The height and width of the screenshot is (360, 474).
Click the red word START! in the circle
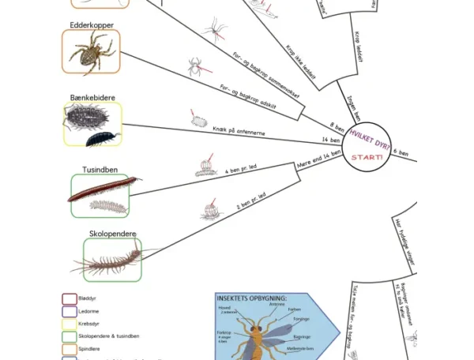(367, 157)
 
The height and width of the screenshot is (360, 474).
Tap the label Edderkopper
(92, 25)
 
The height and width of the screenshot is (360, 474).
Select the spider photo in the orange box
(92, 52)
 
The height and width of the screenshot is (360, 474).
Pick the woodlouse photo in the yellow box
(93, 125)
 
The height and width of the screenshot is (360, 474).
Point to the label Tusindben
(100, 170)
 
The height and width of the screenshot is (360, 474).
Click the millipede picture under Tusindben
(100, 196)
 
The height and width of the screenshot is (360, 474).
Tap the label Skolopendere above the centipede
(112, 234)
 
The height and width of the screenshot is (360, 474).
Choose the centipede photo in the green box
(112, 260)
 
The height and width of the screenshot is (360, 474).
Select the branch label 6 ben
(401, 152)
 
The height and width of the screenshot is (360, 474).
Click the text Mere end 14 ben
(318, 159)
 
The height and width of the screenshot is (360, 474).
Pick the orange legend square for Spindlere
(70, 349)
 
